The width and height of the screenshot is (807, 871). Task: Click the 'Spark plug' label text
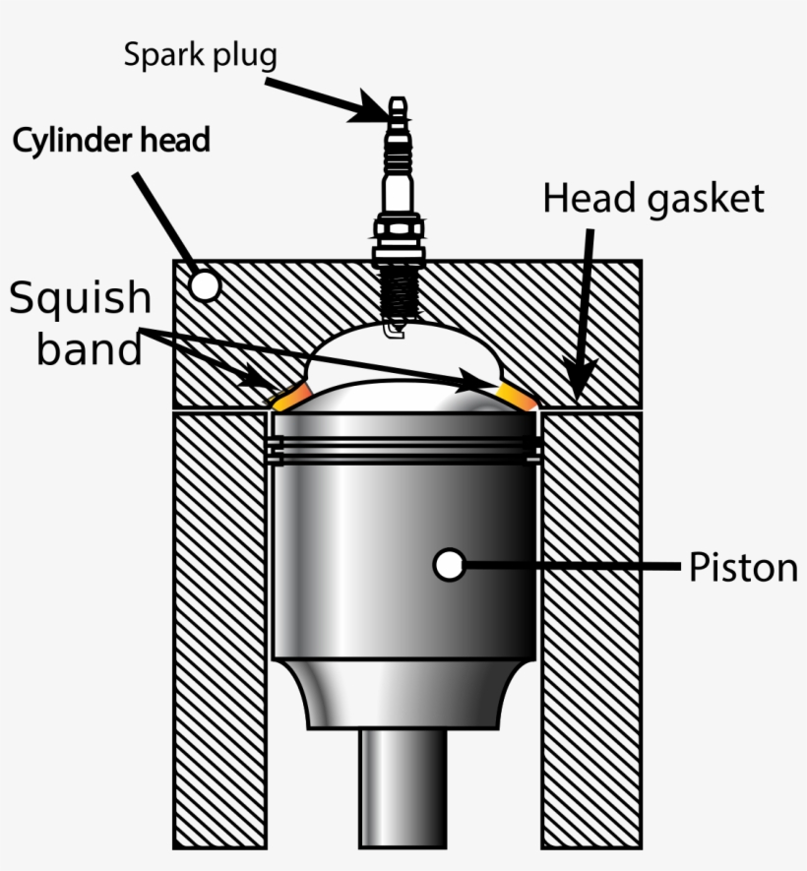point(200,54)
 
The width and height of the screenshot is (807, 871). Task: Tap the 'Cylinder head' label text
point(111,140)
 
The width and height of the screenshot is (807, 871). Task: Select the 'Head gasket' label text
point(653,199)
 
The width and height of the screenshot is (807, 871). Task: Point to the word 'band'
point(90,348)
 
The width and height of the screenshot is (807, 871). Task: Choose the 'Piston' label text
point(742,568)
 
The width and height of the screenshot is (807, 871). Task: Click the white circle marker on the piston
point(450,565)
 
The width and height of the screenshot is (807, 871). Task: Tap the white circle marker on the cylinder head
point(205,285)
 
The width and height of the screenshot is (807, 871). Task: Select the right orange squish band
point(516,395)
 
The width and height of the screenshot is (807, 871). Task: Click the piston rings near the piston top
point(403,450)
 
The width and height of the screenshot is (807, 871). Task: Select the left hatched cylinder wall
point(218,630)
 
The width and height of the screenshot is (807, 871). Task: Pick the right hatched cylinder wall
point(590,630)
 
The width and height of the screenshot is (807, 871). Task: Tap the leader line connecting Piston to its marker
point(571,566)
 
